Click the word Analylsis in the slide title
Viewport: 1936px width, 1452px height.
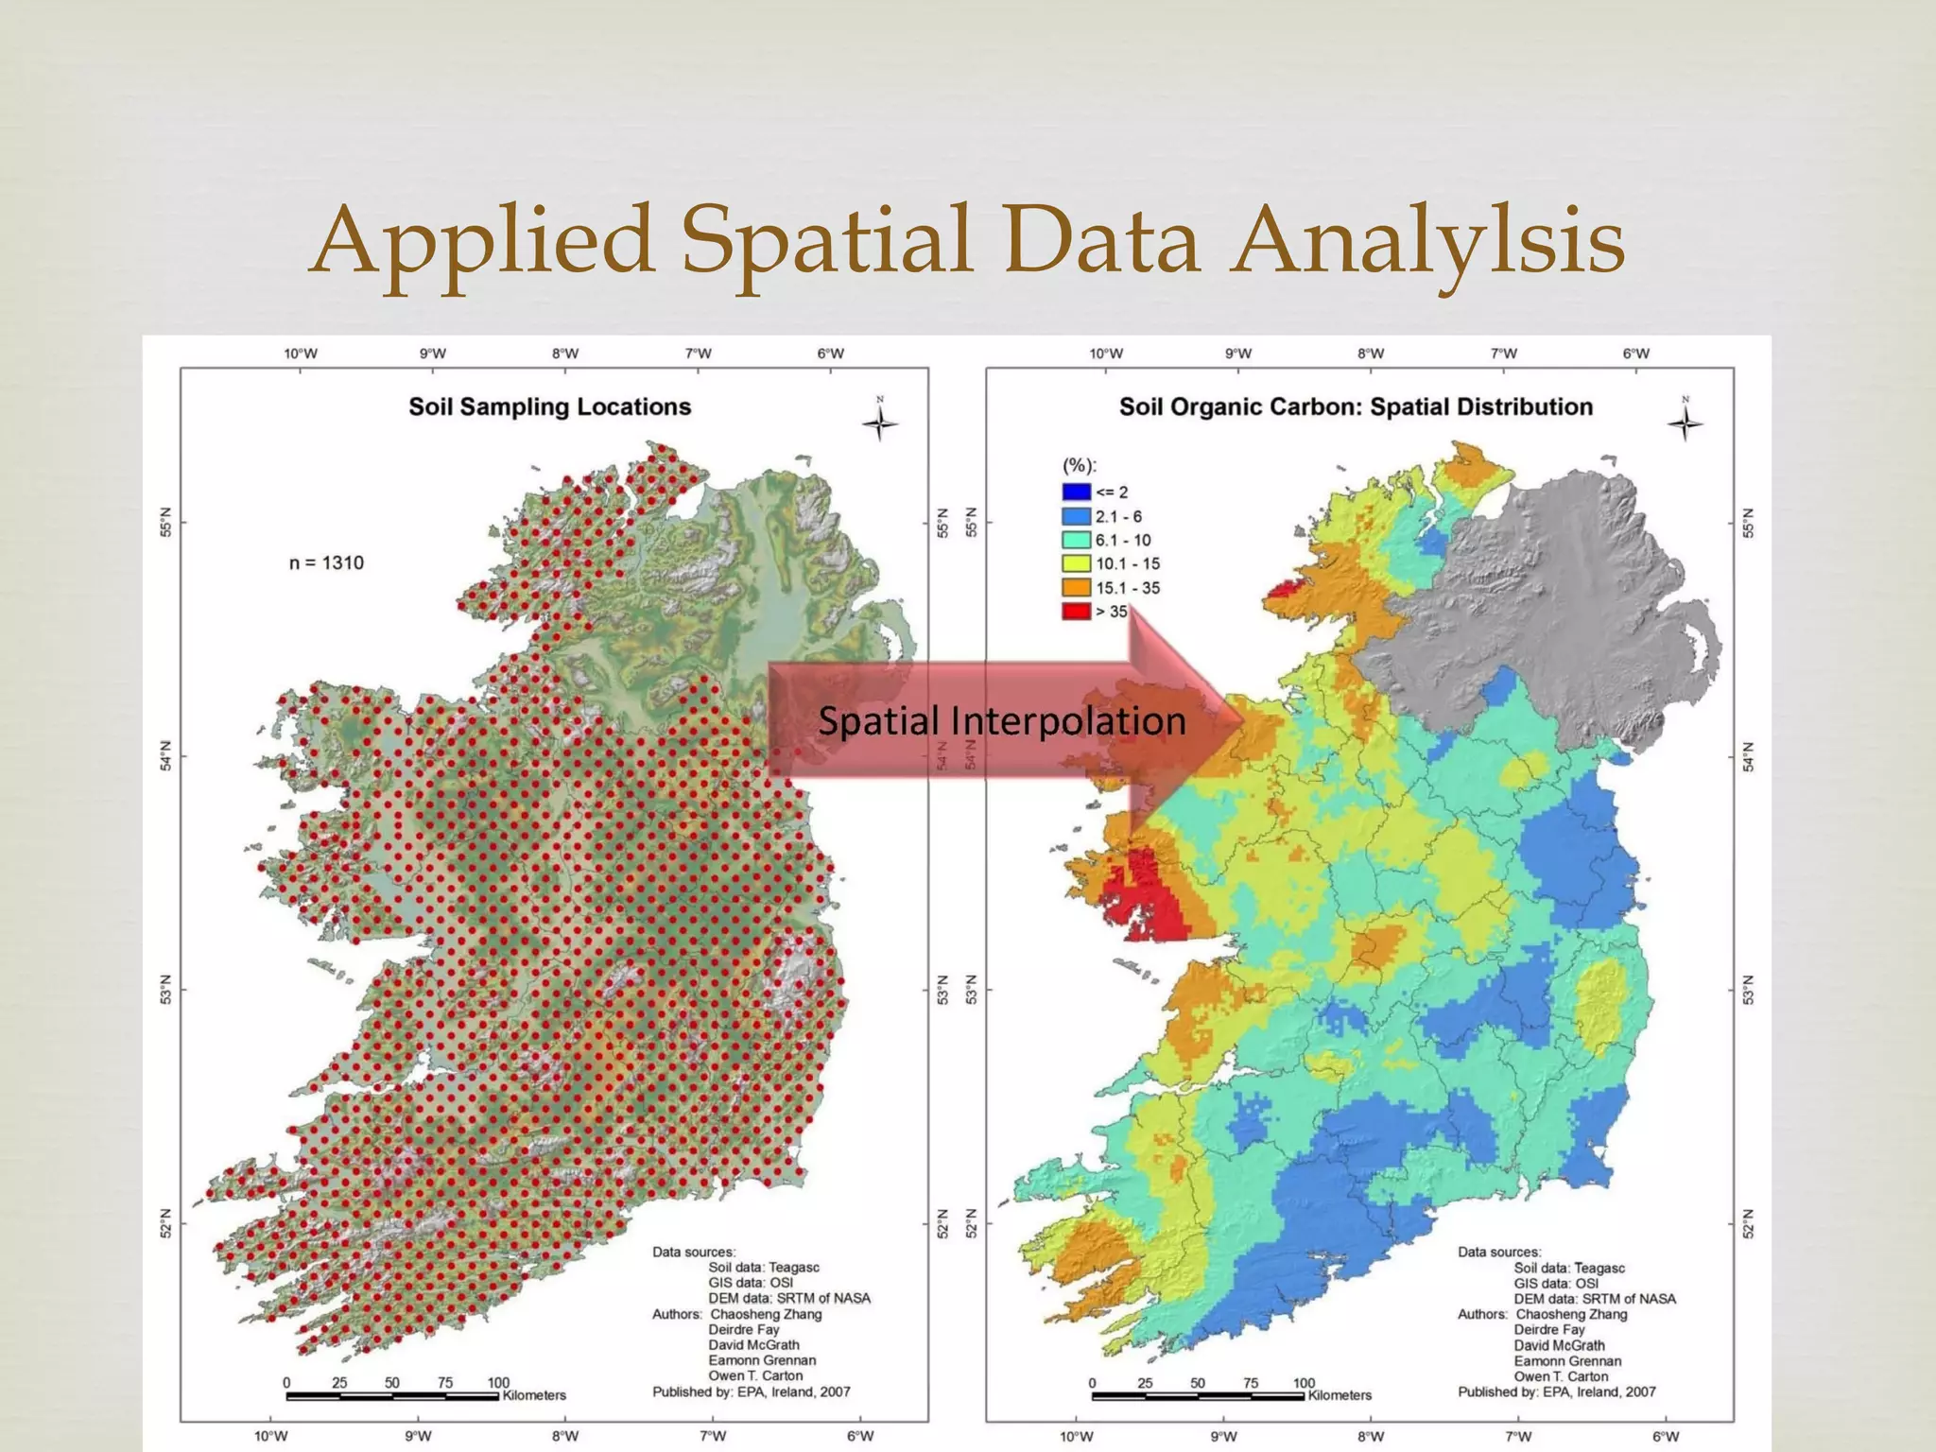click(1429, 241)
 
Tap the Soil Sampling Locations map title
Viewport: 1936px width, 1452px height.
click(549, 406)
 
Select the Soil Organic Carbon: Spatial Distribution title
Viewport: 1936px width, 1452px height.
click(1356, 406)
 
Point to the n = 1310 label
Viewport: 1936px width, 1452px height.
click(326, 563)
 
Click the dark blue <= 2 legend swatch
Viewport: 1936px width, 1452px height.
click(1076, 492)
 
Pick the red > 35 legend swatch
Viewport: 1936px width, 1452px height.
click(1076, 611)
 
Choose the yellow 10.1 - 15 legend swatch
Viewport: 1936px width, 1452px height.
click(1076, 563)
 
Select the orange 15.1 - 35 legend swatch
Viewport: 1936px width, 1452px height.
click(1076, 587)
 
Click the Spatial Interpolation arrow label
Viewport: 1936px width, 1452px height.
click(1001, 721)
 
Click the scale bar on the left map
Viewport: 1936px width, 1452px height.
click(392, 1396)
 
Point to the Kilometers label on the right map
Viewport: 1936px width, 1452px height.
click(1340, 1395)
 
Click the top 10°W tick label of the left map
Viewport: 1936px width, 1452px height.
click(301, 354)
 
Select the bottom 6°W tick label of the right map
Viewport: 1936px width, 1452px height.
click(1666, 1436)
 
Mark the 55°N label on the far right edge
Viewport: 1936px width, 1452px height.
click(1748, 523)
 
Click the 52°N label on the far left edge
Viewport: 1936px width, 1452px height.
click(166, 1223)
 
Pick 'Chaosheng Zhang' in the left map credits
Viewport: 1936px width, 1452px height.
click(766, 1314)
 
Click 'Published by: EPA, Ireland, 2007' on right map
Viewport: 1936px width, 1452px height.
click(1556, 1391)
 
